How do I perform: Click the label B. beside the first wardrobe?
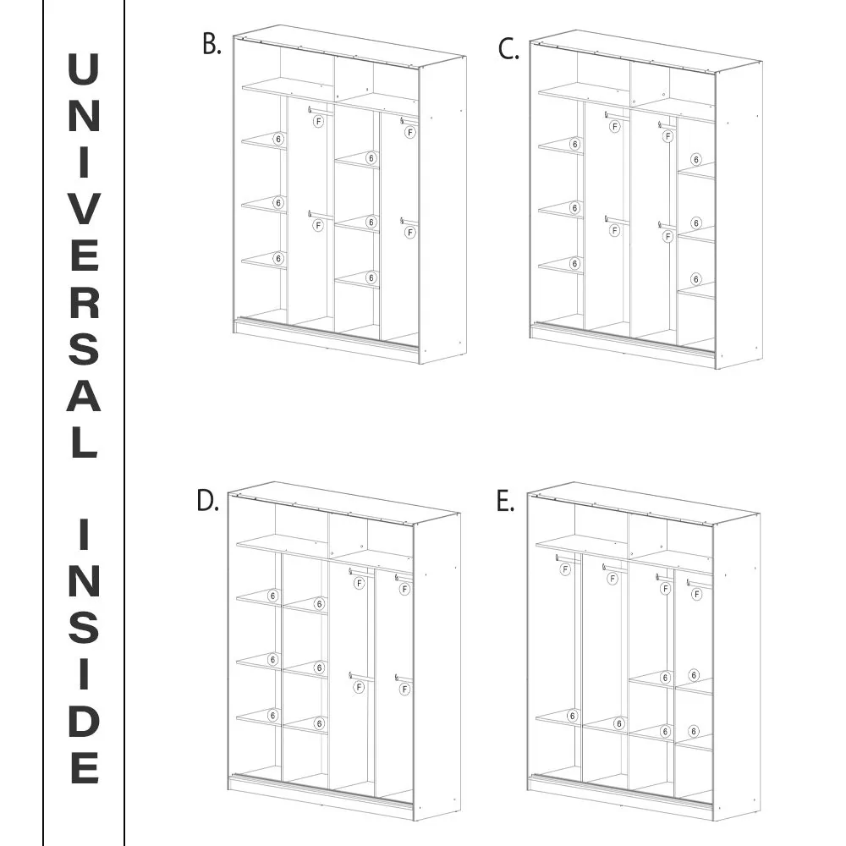(211, 44)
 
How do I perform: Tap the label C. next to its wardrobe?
(508, 49)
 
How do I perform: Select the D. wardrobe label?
(208, 501)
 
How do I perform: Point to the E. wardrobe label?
(505, 502)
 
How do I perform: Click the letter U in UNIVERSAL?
(84, 69)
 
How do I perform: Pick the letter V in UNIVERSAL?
(84, 208)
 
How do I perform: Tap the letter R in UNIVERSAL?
(84, 302)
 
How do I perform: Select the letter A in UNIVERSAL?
(84, 395)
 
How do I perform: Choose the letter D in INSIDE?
(84, 721)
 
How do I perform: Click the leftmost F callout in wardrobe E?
(565, 569)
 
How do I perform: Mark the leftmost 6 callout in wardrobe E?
(573, 716)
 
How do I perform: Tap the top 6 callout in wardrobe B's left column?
(278, 140)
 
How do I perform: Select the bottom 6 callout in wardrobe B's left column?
(278, 258)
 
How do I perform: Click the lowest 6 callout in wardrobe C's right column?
(696, 279)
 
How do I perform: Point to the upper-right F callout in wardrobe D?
(404, 589)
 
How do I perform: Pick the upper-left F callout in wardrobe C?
(614, 126)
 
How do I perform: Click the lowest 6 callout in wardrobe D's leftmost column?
(272, 716)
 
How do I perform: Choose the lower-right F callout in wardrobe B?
(410, 233)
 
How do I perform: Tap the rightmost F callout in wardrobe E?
(697, 594)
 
